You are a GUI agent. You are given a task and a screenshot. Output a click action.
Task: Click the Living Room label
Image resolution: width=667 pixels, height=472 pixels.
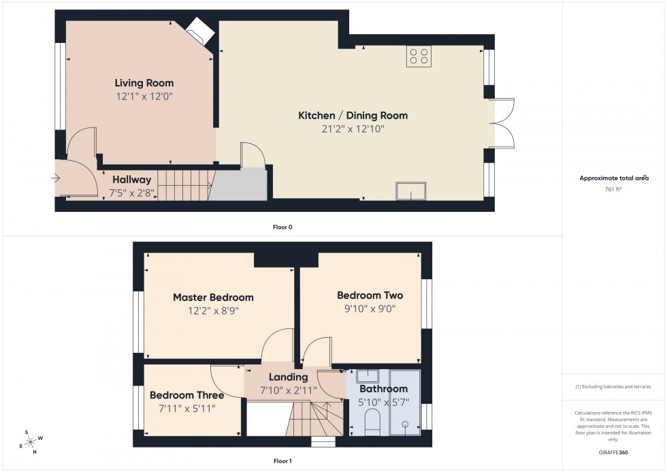[144, 83]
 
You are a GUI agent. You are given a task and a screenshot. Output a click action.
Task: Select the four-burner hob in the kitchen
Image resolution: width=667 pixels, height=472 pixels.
[419, 56]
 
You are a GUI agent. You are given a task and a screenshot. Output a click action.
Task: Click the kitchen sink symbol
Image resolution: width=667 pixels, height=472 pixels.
[411, 191]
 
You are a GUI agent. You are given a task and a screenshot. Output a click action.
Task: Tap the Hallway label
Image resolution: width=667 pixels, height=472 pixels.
[131, 180]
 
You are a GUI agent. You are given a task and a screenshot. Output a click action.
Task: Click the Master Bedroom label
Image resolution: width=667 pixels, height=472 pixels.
[213, 297]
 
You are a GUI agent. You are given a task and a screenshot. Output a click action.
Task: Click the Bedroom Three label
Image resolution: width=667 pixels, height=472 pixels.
[186, 395]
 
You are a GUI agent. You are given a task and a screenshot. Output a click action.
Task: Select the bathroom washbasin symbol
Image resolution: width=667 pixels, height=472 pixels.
[368, 377]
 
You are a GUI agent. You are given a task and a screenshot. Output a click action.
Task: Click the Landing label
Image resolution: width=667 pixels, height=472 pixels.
[289, 377]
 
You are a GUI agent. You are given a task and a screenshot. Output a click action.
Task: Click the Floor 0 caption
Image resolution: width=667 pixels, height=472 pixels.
[282, 227]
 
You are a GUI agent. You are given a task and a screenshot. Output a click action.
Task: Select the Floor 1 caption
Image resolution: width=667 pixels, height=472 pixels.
[282, 461]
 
